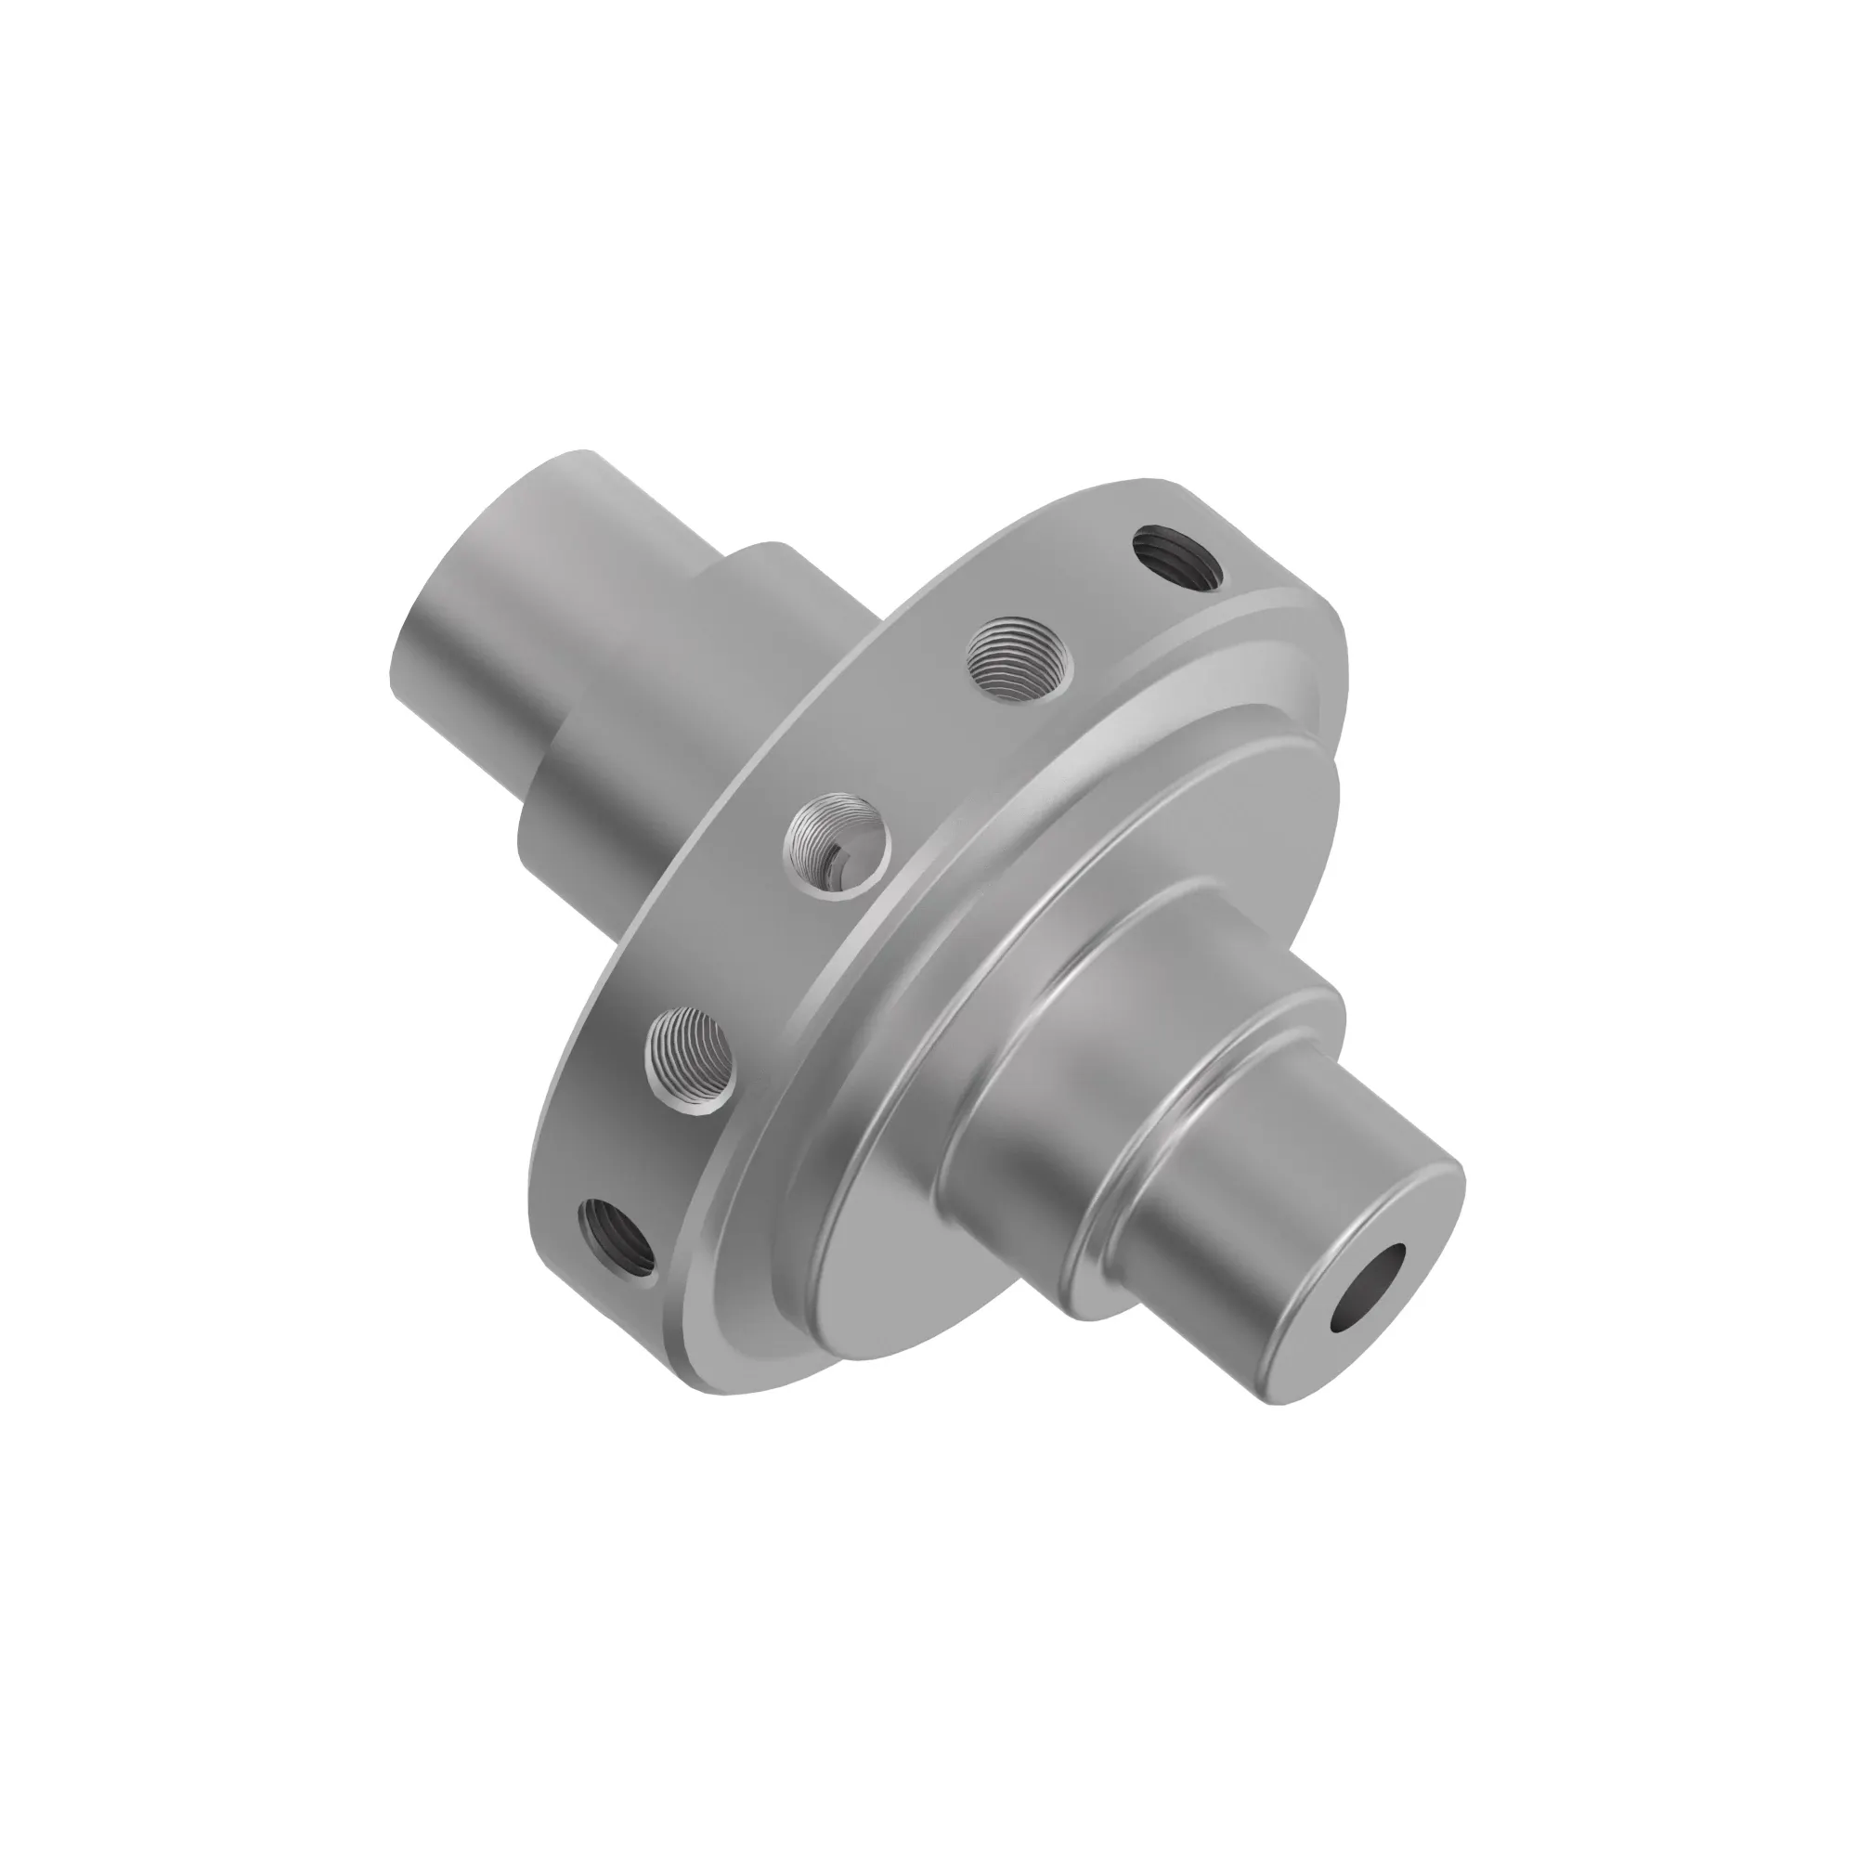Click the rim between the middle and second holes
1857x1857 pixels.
pyautogui.click(x=923, y=749)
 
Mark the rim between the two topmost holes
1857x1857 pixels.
pyautogui.click(x=1096, y=596)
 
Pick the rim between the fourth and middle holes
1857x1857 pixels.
pyautogui.click(x=760, y=952)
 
